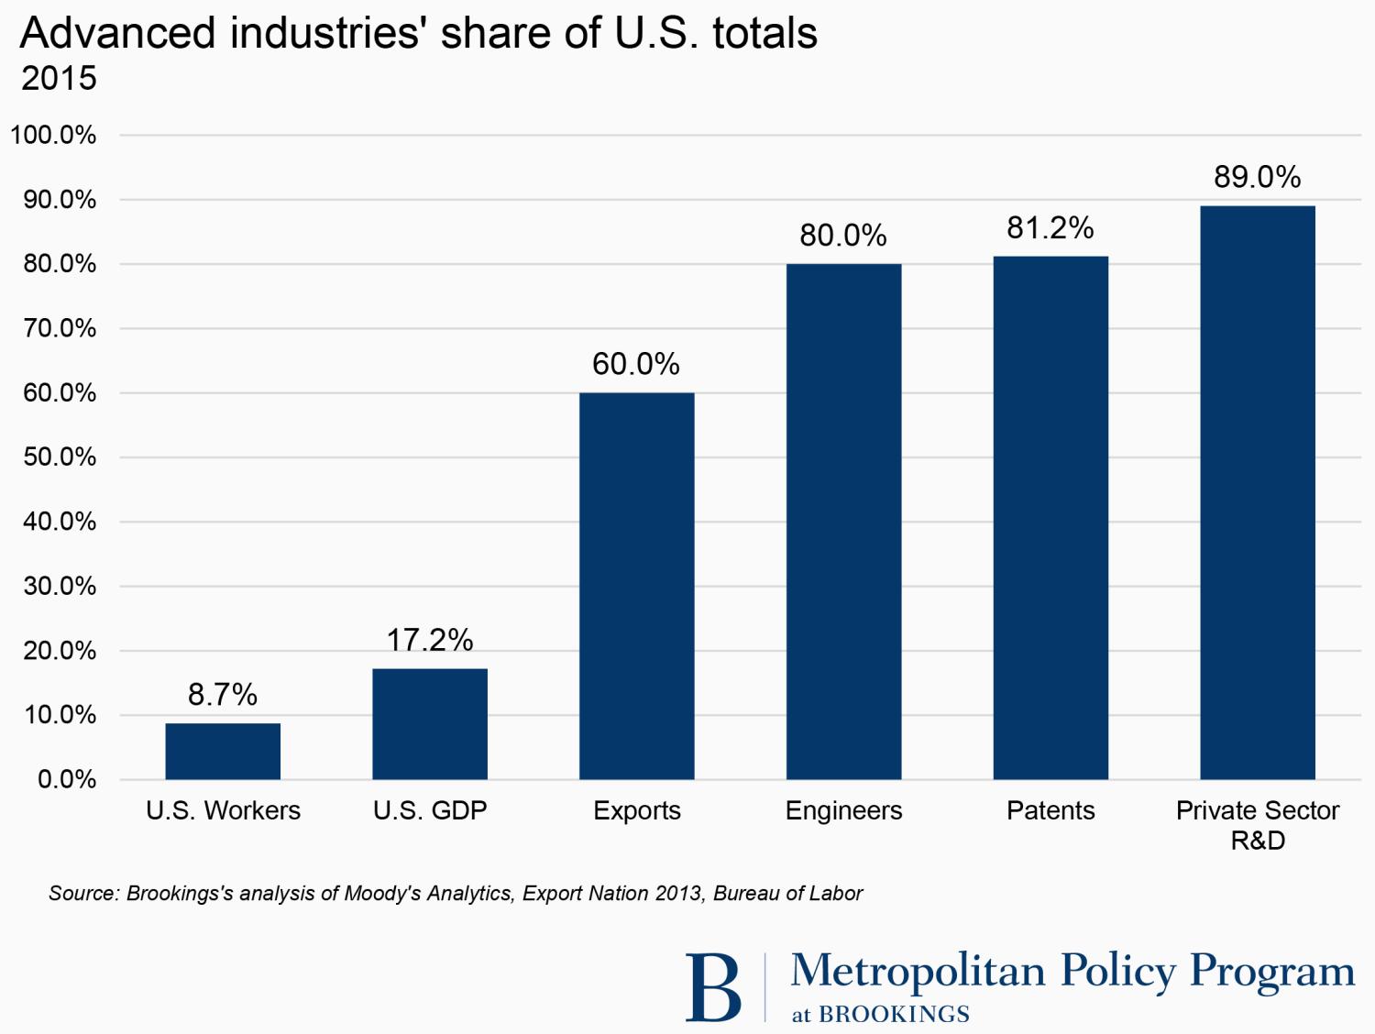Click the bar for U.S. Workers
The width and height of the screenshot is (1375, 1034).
[x=223, y=751]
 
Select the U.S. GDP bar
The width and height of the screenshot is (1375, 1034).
[x=430, y=723]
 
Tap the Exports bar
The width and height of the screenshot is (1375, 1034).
[x=637, y=586]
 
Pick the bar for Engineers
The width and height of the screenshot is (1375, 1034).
[x=843, y=522]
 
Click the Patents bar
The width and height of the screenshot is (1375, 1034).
[x=1050, y=518]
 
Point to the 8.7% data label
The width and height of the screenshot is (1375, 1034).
[x=223, y=695]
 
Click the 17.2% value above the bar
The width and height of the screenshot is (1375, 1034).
[x=430, y=640]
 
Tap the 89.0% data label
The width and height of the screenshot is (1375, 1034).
[x=1258, y=177]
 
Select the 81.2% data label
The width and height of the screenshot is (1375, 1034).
[x=1050, y=227]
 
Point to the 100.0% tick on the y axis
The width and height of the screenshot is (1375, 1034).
[x=53, y=135]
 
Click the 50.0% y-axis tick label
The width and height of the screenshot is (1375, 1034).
[x=60, y=456]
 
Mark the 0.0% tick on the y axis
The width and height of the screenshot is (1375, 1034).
[x=66, y=779]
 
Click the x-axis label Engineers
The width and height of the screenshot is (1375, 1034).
[x=843, y=810]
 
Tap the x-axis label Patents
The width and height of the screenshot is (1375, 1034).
[x=1050, y=810]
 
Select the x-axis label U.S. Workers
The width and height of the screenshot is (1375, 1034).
[x=223, y=810]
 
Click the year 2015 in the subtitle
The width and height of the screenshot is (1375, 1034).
[x=59, y=79]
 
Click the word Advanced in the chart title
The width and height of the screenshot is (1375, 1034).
[x=118, y=33]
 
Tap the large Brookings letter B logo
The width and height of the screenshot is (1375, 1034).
[x=713, y=987]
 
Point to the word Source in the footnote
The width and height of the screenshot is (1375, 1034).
[x=83, y=893]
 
